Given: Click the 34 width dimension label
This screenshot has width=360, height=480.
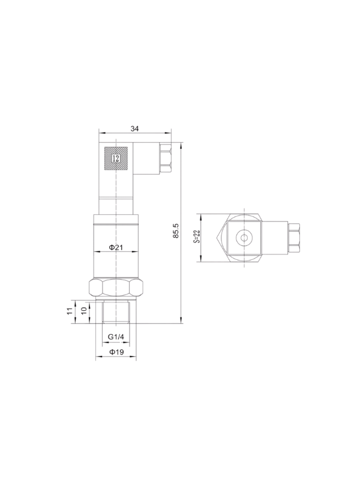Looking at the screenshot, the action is (x=134, y=129).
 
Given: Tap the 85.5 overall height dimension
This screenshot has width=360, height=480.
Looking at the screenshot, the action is (x=175, y=231).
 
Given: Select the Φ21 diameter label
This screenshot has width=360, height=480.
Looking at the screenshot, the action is (x=116, y=247).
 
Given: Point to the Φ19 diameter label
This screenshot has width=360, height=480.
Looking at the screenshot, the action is (x=116, y=352).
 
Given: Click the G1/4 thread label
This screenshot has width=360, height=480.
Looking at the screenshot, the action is (x=116, y=337).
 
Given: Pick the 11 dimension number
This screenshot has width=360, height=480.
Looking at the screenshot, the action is (x=70, y=311).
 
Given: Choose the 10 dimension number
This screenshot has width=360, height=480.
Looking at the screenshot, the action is (x=83, y=311).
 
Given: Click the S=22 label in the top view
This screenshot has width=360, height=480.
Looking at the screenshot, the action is (x=197, y=236).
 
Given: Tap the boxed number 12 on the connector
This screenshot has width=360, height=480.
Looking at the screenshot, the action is (x=116, y=158).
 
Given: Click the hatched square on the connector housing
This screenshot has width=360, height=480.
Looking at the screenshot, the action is (x=116, y=158).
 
